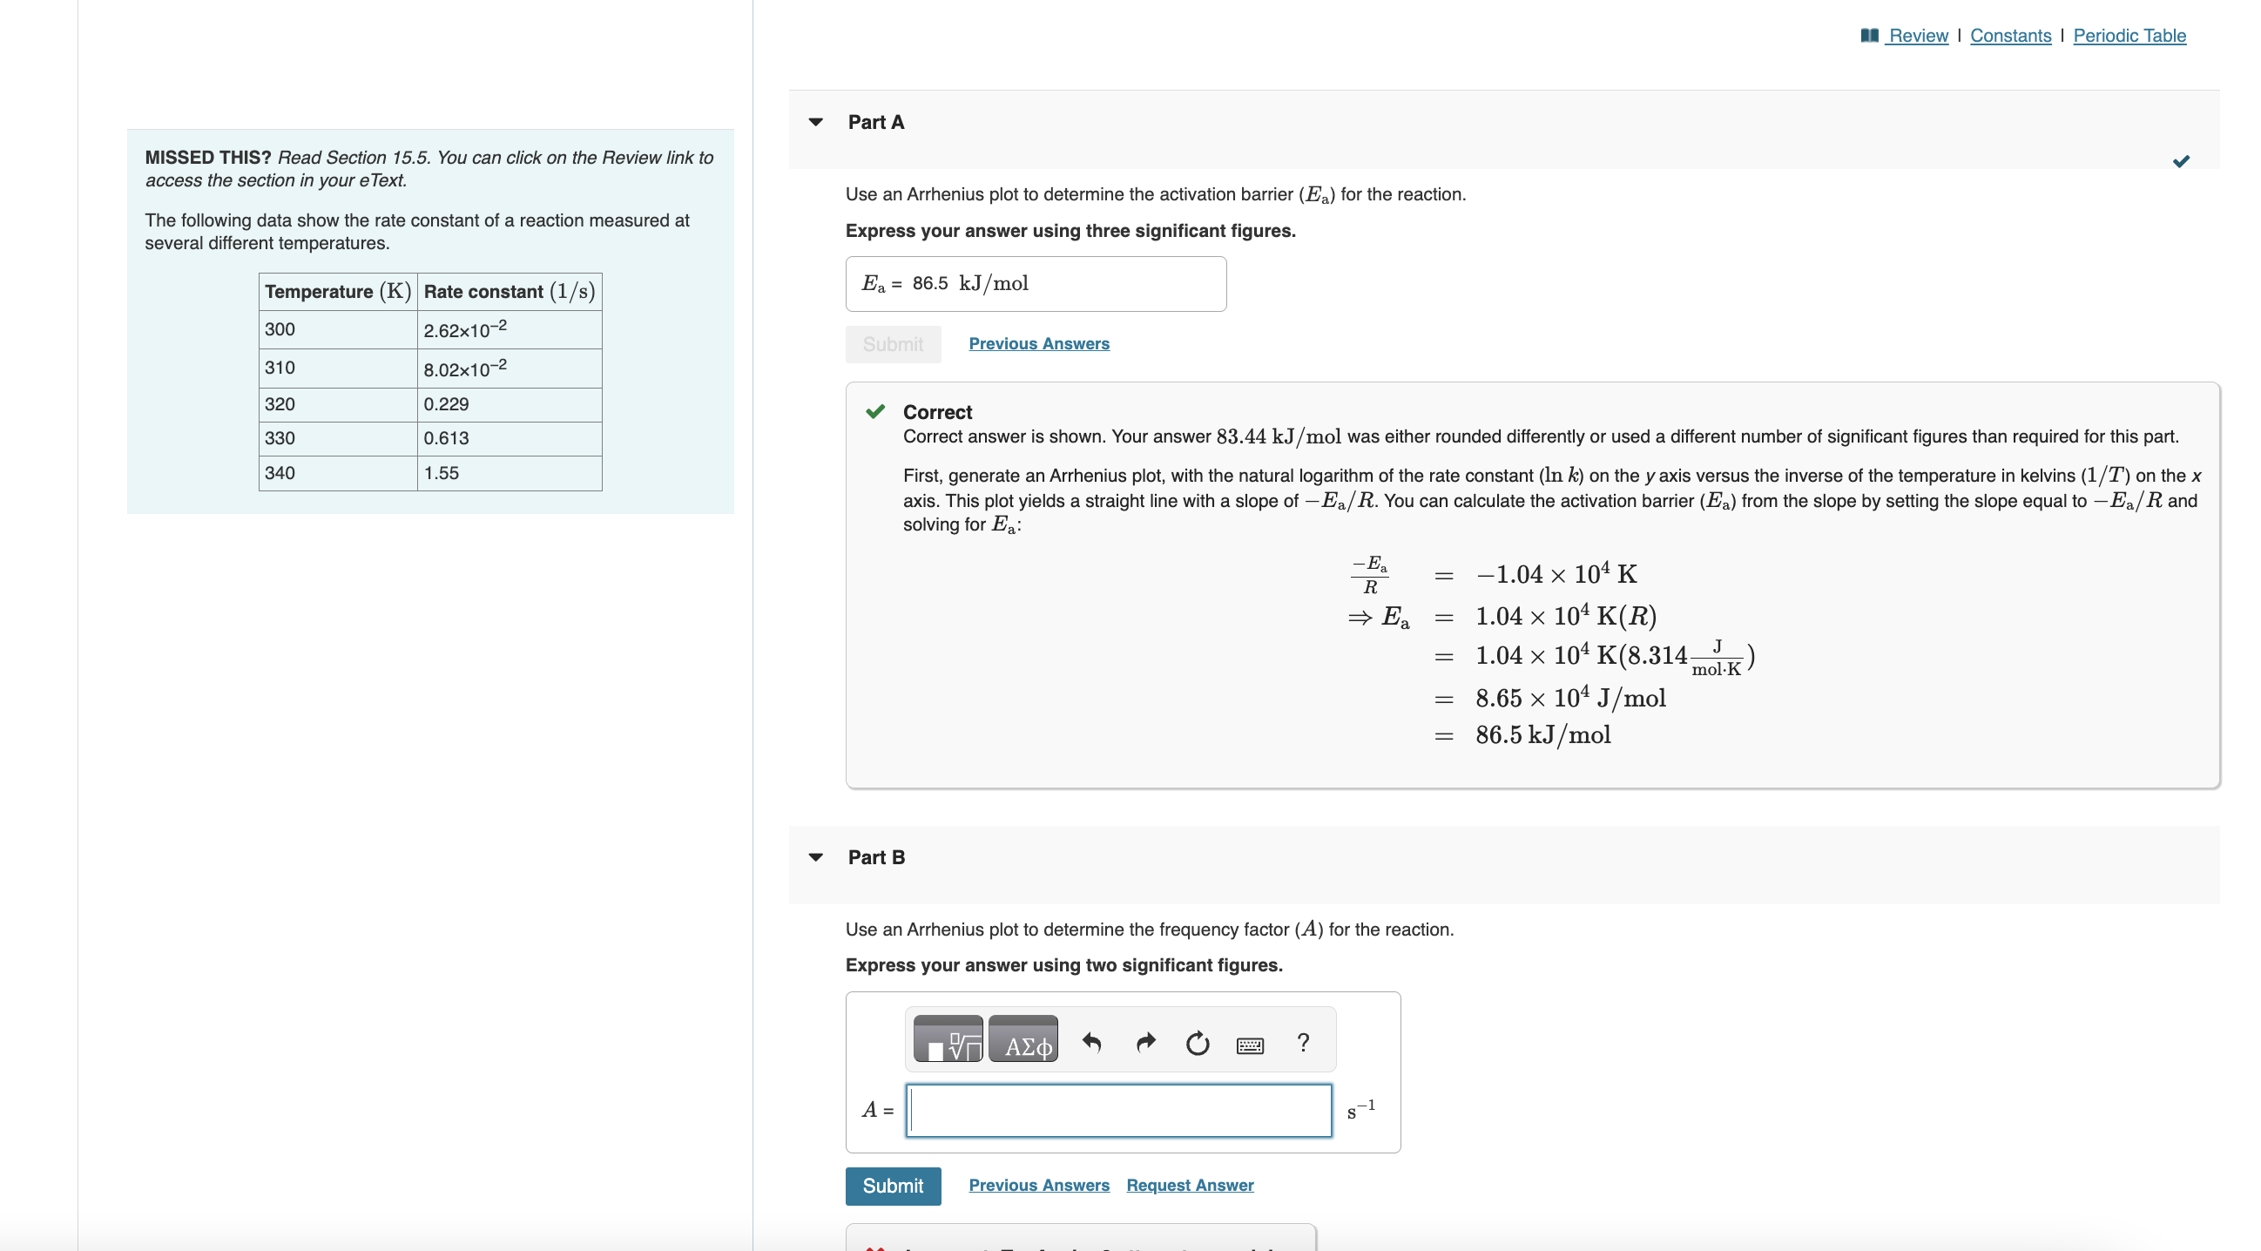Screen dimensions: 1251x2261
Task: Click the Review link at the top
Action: [1917, 36]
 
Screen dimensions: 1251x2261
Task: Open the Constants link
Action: [2010, 36]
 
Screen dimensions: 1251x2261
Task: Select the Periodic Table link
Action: [2129, 36]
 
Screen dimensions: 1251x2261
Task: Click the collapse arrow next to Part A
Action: [816, 123]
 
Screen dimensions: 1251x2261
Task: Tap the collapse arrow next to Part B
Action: [816, 858]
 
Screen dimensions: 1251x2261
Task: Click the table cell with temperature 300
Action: [338, 330]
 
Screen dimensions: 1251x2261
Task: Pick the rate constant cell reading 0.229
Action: [510, 405]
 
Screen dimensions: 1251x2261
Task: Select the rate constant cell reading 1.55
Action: [510, 473]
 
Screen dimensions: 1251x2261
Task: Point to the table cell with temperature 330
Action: [338, 438]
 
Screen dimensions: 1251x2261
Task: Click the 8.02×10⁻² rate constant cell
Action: [510, 369]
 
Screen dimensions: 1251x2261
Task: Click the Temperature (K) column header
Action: [338, 292]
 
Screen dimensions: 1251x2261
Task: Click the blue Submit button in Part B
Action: [893, 1186]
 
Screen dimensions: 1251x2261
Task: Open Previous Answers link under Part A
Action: [1038, 344]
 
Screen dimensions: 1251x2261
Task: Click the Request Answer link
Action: [1190, 1185]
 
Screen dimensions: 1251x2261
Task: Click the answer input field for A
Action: [1118, 1111]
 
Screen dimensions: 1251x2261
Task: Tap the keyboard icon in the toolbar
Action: [1249, 1045]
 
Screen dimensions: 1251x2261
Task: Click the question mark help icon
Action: [1303, 1043]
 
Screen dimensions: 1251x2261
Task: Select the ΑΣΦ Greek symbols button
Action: [1023, 1041]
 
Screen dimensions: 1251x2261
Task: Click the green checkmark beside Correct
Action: [875, 412]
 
